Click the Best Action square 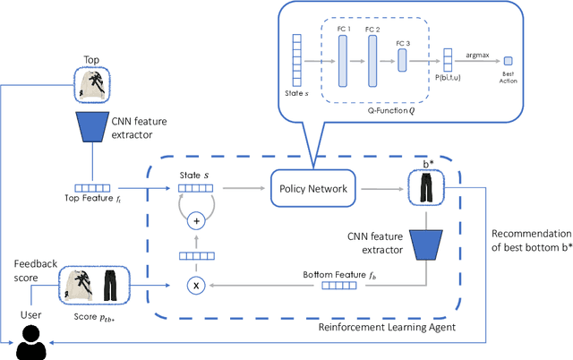pyautogui.click(x=509, y=61)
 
